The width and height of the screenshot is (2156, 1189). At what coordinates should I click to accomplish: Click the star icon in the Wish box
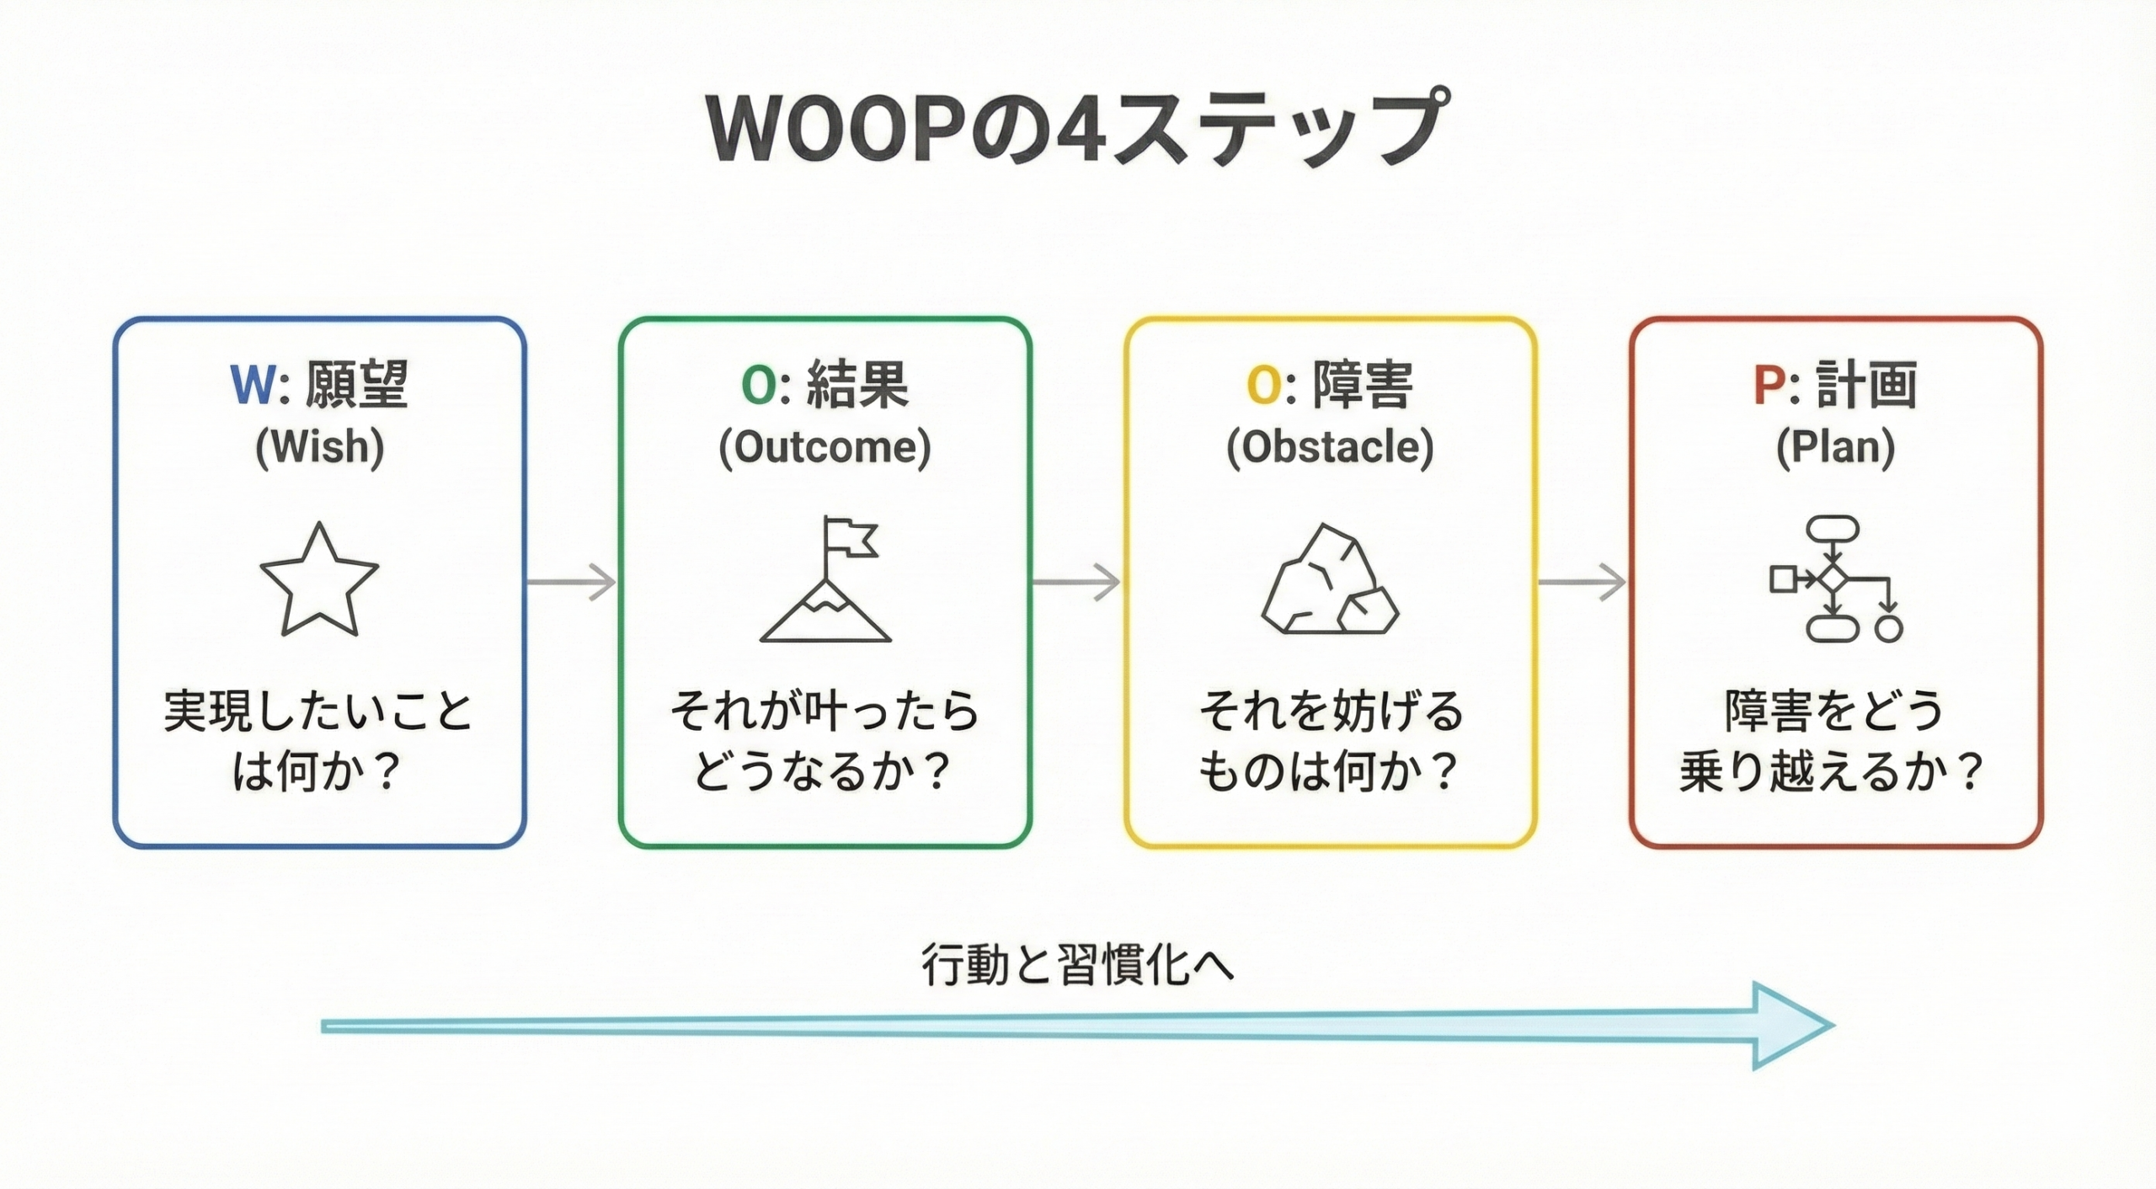(319, 581)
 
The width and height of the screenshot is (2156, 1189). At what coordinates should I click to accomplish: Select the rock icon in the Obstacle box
(1329, 581)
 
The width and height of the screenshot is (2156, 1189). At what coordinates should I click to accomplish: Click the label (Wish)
(319, 446)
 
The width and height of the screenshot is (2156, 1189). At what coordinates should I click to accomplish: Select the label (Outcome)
(825, 446)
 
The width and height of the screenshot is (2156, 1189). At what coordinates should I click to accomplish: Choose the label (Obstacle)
(1330, 446)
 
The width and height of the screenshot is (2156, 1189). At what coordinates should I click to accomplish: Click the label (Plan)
(1835, 446)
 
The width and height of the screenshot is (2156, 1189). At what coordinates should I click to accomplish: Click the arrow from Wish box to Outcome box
(572, 582)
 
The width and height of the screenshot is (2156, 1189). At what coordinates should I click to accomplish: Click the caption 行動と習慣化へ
(1077, 964)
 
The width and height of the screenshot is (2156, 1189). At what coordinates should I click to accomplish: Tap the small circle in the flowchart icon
(1889, 629)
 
